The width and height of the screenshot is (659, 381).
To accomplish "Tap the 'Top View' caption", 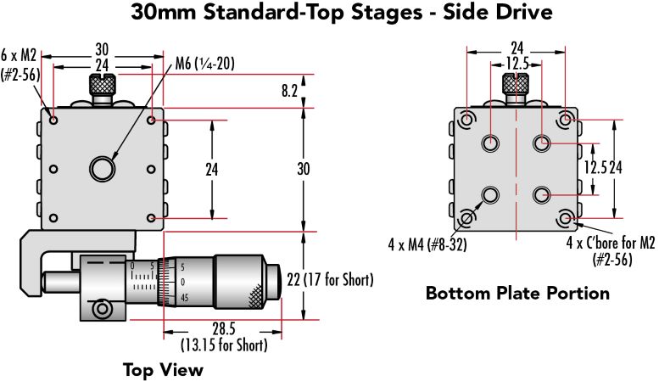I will coord(163,369).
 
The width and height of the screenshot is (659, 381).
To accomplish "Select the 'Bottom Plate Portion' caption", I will coord(517,294).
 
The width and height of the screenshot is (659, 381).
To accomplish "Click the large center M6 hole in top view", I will coord(103,168).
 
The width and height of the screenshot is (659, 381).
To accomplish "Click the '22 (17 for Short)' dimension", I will coord(332,279).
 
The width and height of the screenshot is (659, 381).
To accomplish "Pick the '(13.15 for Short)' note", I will coord(224,345).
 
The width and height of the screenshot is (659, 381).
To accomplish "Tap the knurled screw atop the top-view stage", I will coord(102,86).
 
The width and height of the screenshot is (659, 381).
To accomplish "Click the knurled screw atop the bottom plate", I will coord(516,85).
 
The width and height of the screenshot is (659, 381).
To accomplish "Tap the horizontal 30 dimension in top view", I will coord(102,49).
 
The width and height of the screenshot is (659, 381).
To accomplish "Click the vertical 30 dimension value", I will coord(303,169).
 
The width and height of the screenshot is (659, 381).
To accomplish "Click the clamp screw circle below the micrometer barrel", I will coord(102,309).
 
